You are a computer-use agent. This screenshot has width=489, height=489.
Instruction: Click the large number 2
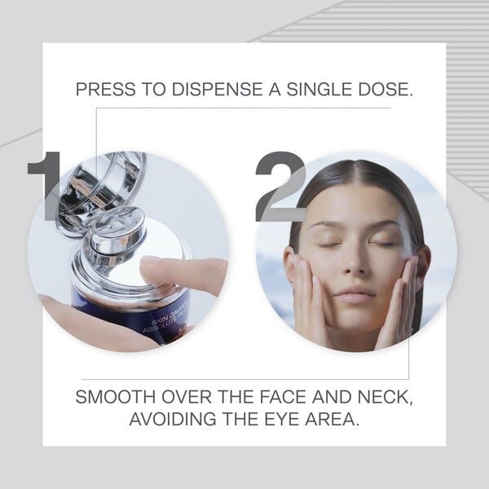tap(281, 186)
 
